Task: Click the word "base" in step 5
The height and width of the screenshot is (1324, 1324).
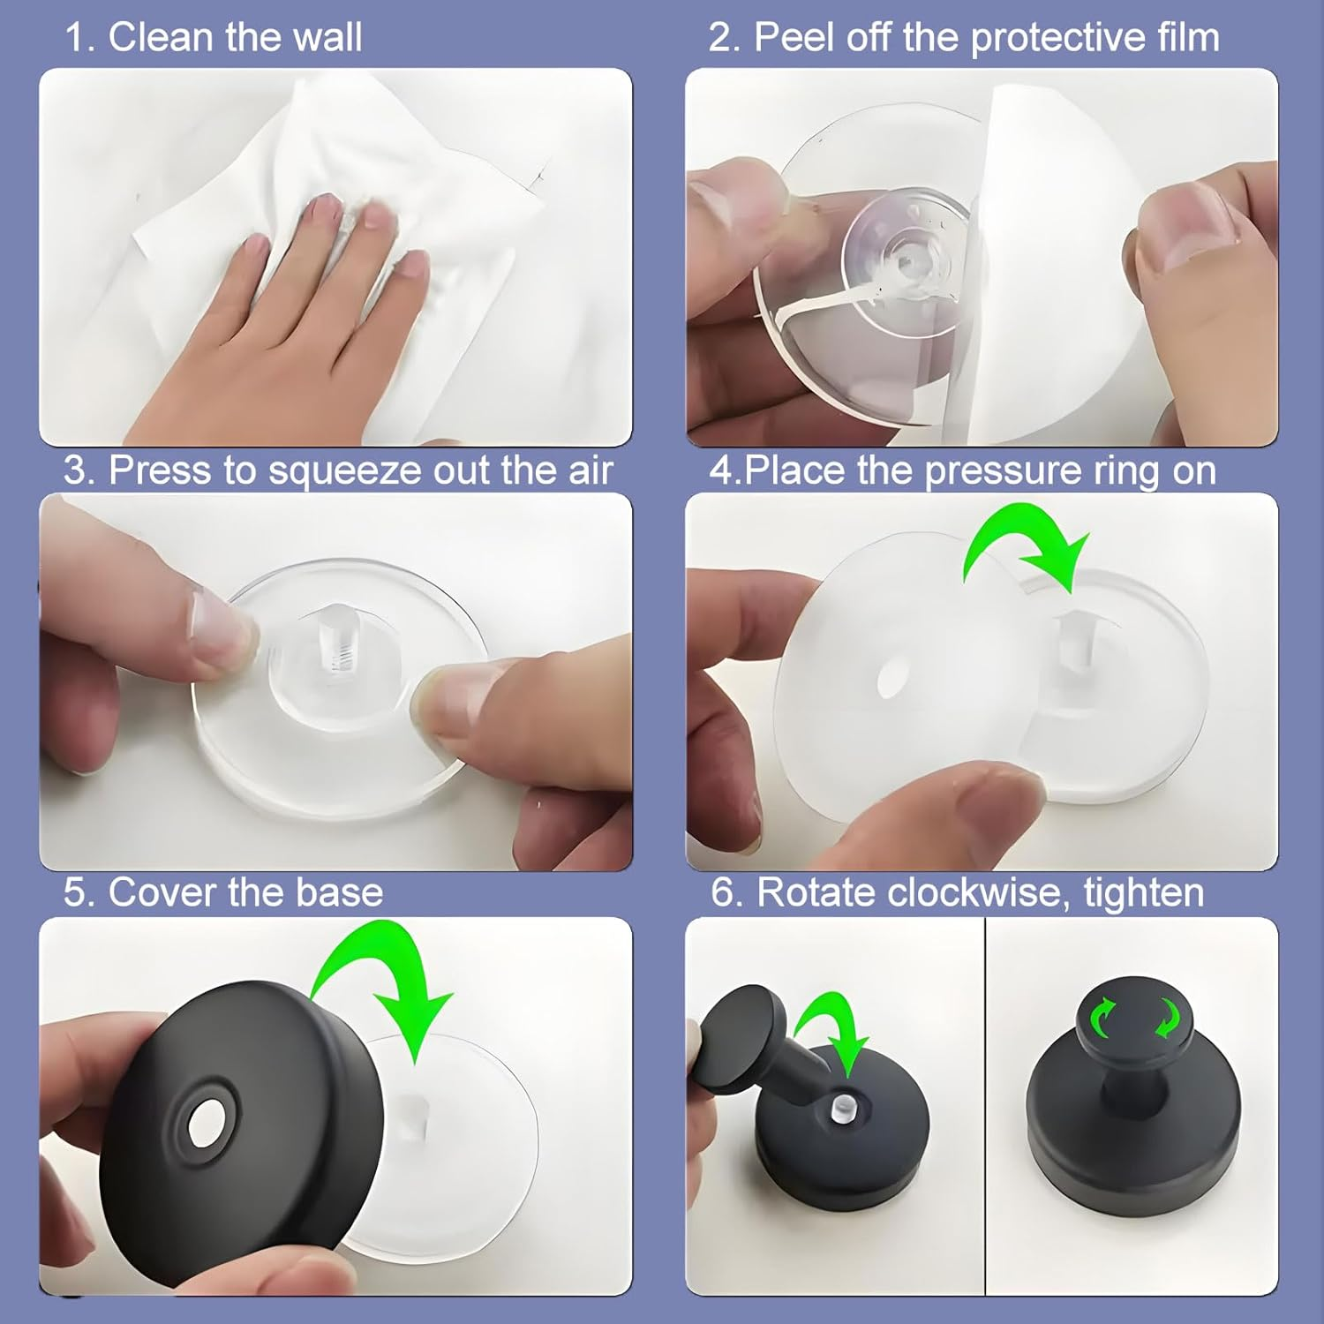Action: click(340, 893)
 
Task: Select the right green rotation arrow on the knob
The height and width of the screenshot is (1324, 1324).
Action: click(1168, 1018)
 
